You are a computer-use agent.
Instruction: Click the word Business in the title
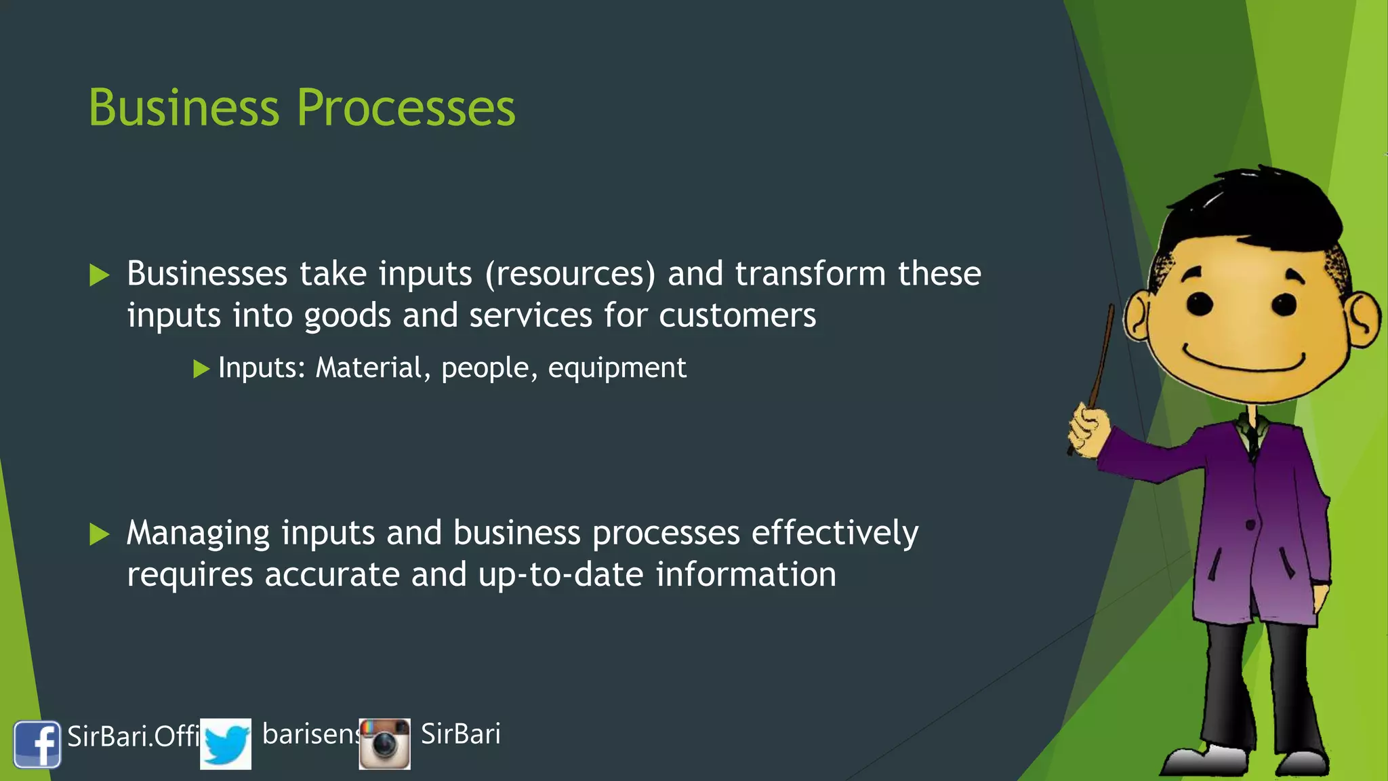[x=184, y=108]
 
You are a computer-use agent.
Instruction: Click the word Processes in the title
[x=406, y=108]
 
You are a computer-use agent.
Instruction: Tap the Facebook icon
[x=37, y=744]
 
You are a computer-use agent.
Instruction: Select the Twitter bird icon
[x=226, y=744]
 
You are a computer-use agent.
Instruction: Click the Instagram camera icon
[x=384, y=744]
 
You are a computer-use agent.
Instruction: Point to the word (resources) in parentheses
[x=570, y=274]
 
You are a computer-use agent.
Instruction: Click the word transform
[x=810, y=274]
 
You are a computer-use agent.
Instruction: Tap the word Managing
[x=198, y=534]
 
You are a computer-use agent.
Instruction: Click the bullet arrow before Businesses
[x=100, y=275]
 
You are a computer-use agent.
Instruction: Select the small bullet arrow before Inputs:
[x=201, y=369]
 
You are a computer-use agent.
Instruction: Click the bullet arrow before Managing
[x=100, y=534]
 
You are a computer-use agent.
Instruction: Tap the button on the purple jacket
[x=1250, y=525]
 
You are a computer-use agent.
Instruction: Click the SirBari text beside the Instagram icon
[x=461, y=734]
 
